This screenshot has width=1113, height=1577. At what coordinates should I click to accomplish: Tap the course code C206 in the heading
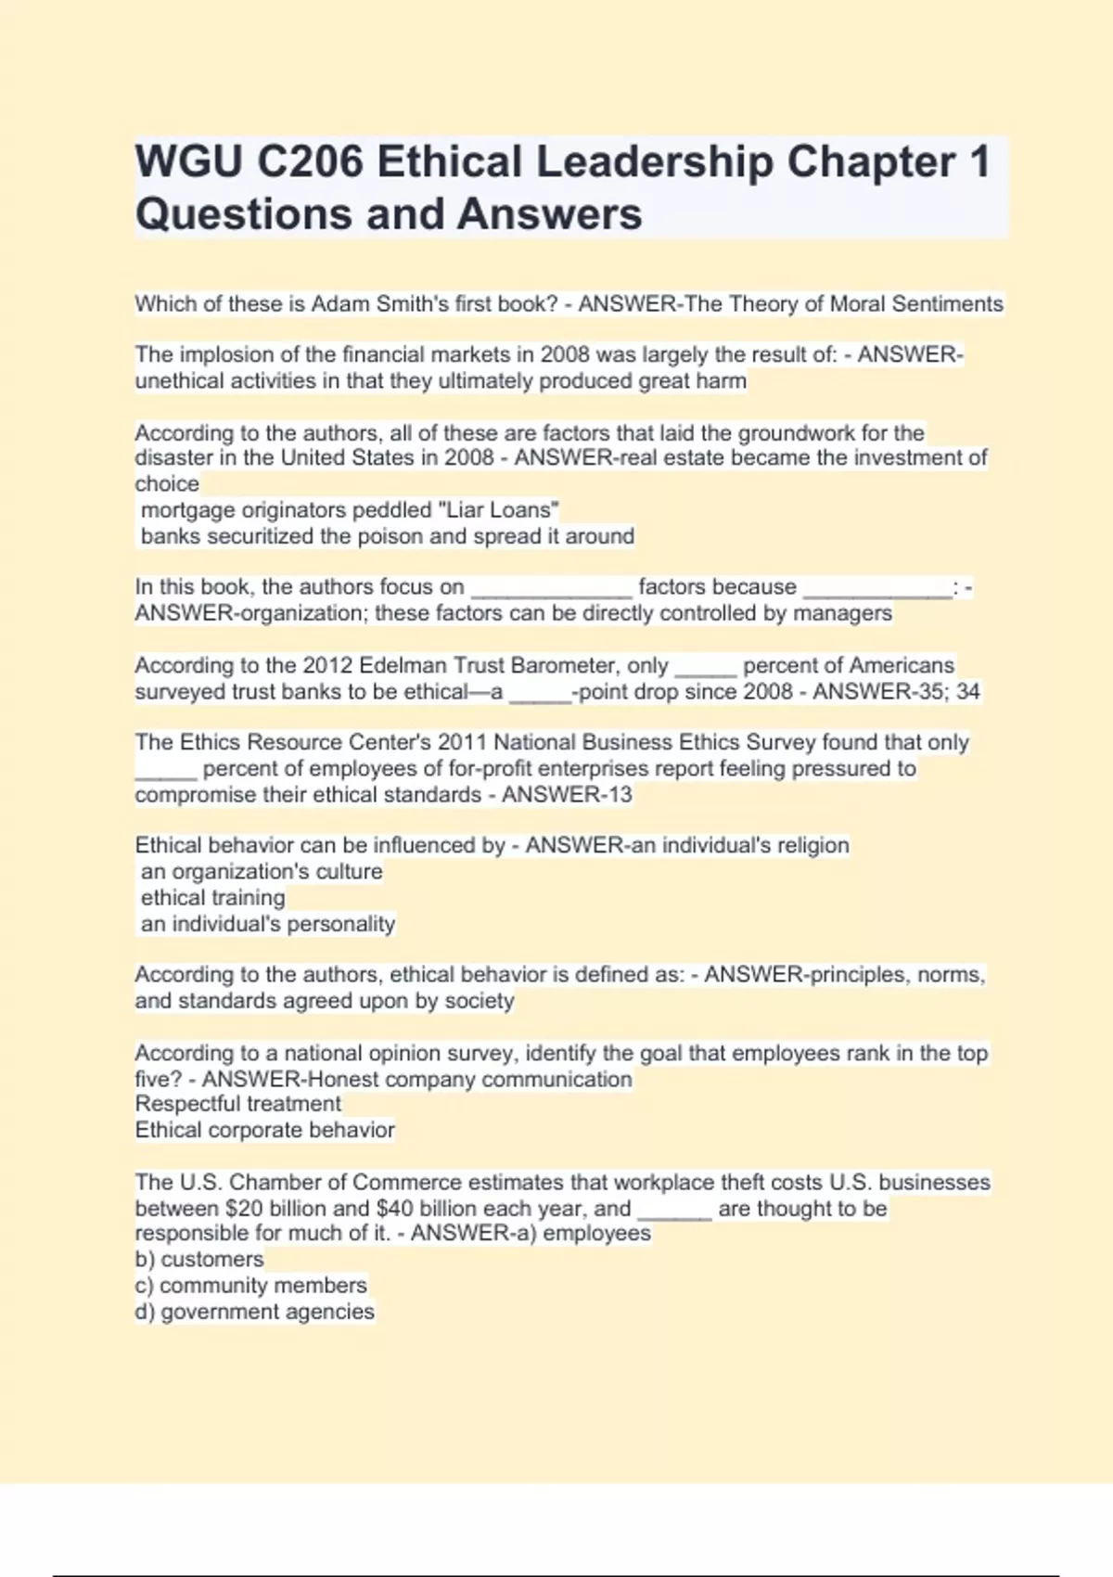tap(310, 162)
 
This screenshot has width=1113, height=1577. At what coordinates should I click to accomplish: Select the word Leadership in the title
tap(654, 162)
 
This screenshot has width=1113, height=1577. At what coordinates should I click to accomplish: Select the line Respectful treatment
tap(238, 1104)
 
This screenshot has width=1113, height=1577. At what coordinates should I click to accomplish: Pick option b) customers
tap(199, 1260)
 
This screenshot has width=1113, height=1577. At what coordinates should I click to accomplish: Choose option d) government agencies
tap(254, 1312)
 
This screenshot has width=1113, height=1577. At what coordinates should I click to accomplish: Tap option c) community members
tap(250, 1286)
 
